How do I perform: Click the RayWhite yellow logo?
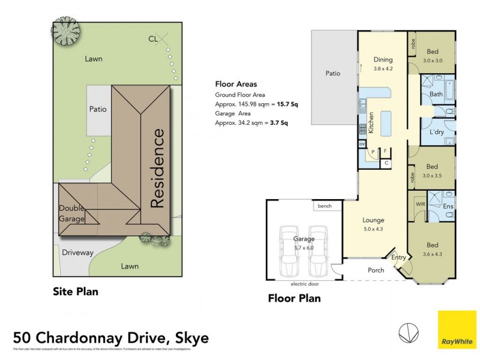pos(457,329)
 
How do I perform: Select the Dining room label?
pos(383,59)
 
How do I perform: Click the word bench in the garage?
pos(325,206)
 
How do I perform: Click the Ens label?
pos(448,207)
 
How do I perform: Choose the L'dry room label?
pos(437,131)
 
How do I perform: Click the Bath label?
pos(436,94)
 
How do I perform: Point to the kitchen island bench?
pos(386,123)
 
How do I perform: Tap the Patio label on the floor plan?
pos(333,73)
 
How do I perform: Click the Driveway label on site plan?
pos(77,253)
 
